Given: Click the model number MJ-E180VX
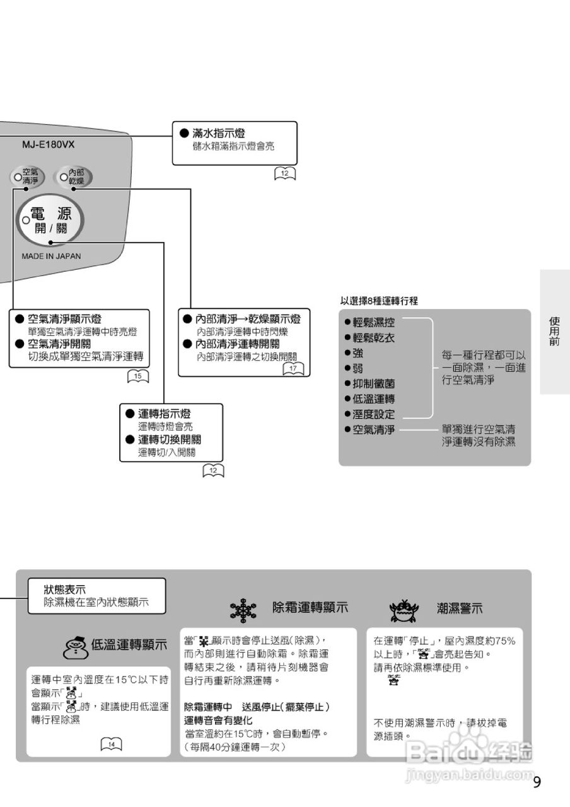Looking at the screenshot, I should pos(48,144).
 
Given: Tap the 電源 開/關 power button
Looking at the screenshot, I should pos(51,222).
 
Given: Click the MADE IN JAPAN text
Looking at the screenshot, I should pos(51,257).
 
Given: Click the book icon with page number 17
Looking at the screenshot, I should pos(293,368).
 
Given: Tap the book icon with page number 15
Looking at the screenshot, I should pos(138,377).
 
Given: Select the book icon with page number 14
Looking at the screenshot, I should pos(112,745).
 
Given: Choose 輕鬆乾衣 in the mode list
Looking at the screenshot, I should pos(374,337).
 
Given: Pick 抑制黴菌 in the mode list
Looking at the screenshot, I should pos(374,383).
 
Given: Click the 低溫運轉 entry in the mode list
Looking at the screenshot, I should pos(374,398).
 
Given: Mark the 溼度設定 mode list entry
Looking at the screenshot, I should pos(374,414).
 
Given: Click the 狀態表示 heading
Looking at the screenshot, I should pos(65,589).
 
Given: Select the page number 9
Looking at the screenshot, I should pos(537,782).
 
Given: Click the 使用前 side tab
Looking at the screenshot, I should pos(554,331).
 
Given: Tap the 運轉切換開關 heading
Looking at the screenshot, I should pos(174,439).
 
